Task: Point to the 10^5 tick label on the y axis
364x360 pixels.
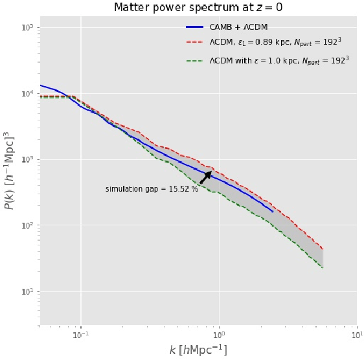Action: pos(26,28)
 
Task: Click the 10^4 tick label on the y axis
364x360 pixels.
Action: pos(26,94)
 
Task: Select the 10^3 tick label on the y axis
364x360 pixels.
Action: pos(26,160)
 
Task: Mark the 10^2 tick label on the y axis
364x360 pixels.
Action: pos(26,226)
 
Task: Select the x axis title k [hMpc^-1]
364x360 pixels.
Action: pos(198,350)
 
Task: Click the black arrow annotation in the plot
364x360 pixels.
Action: pos(205,177)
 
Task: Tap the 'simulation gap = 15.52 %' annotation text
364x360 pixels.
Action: pos(152,189)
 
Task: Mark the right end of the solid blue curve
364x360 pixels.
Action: pos(273,211)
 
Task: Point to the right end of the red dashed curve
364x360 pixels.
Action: pos(323,249)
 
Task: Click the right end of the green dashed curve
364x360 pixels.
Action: pos(323,267)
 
